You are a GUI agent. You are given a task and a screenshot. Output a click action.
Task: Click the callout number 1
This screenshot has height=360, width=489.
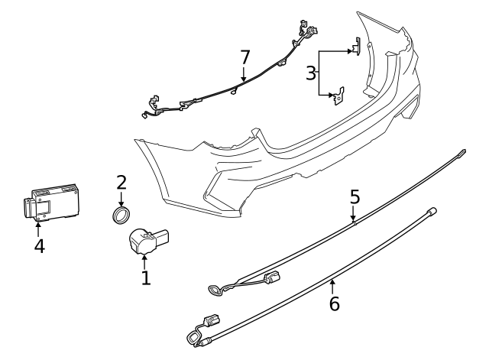[x=145, y=276]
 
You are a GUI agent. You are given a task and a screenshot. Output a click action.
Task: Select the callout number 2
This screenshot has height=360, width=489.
[x=121, y=183]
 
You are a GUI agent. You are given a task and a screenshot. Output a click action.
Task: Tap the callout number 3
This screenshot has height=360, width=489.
[x=310, y=73]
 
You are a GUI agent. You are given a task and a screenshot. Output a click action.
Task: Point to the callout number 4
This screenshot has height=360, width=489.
[x=38, y=247]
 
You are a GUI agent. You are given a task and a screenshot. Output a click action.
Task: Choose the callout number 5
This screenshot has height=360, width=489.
[x=354, y=196]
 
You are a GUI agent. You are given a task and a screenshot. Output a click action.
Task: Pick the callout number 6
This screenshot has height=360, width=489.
[x=333, y=303]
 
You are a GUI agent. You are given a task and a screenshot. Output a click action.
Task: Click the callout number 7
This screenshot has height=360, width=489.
[x=244, y=57]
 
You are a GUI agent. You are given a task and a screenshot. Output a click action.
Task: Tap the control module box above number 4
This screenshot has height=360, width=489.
[x=50, y=203]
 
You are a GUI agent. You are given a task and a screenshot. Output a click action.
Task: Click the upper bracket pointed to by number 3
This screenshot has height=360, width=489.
[x=355, y=47]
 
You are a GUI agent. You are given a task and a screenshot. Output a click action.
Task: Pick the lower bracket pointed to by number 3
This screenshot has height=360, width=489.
[x=335, y=96]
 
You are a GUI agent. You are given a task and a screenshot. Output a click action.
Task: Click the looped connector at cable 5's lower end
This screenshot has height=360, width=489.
[x=214, y=289]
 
